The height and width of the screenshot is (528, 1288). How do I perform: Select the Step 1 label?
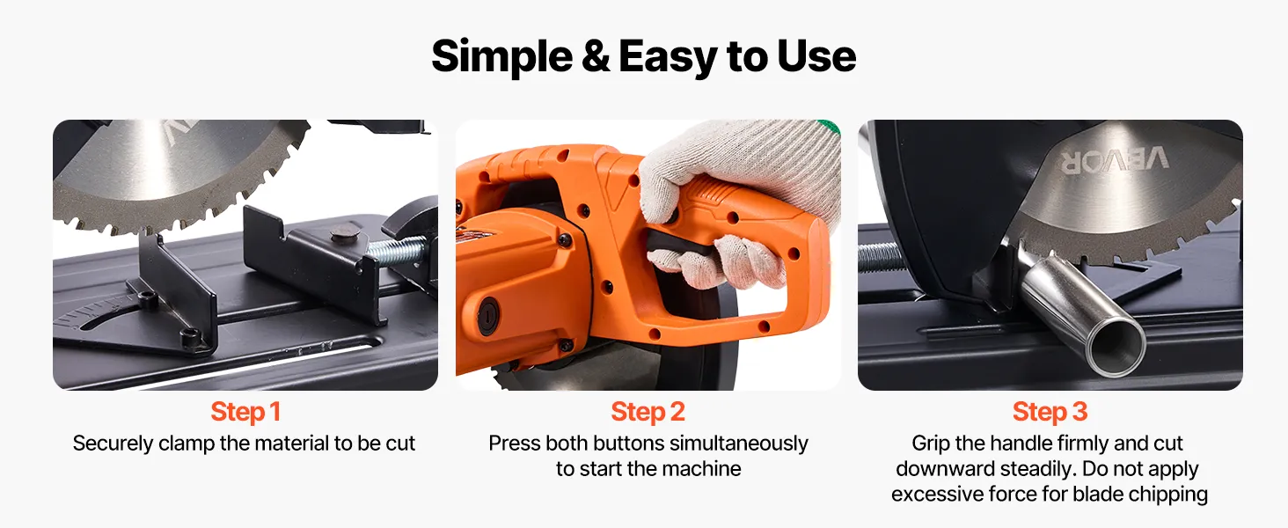(245, 412)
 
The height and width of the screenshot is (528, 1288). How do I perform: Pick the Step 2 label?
(648, 412)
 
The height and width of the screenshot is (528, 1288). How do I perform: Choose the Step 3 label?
(1050, 412)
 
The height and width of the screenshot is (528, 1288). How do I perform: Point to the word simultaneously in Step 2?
(739, 444)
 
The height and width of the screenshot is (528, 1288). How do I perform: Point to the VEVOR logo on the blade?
(1115, 160)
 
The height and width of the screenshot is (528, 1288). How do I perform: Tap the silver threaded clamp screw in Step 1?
(397, 251)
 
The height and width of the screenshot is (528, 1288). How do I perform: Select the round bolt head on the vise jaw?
(344, 235)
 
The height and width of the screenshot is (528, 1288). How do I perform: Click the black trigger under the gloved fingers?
(679, 245)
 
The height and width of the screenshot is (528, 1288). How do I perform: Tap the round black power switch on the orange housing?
(487, 316)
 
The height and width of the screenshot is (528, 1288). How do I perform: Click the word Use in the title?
(816, 56)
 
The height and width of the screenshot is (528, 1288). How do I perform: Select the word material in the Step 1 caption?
(291, 444)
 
